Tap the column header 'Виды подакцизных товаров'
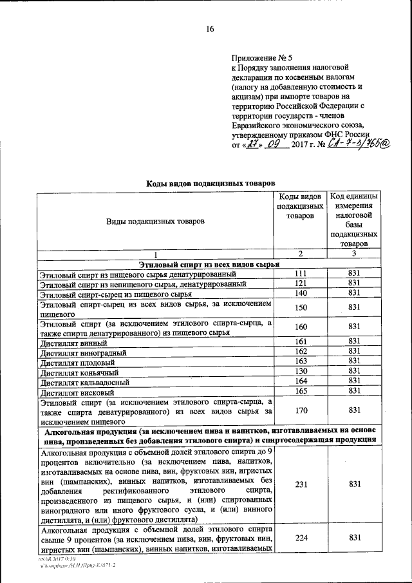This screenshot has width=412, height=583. [x=154, y=221]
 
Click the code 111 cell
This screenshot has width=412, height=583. [x=301, y=274]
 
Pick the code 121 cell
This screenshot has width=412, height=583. [x=301, y=284]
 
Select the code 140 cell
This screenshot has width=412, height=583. [x=301, y=294]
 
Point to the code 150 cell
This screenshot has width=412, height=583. [x=301, y=308]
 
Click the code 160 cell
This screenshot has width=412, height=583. [x=301, y=327]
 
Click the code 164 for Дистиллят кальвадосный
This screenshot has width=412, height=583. [x=301, y=381]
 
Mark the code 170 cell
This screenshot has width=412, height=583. [x=301, y=410]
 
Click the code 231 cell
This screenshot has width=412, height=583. [x=301, y=488]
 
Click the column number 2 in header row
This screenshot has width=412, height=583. [x=301, y=254]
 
